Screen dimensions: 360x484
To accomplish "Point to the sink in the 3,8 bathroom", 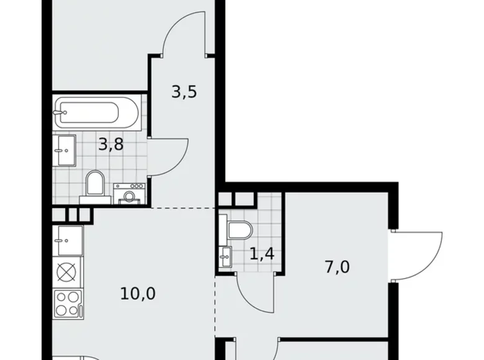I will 65,150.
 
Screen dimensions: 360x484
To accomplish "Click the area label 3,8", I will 110,145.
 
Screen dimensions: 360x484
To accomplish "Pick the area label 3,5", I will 184,92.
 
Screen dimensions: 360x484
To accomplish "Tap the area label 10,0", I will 137,292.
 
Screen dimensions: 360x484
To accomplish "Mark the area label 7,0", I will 337,267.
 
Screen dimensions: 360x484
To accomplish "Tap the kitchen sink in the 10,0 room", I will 67,238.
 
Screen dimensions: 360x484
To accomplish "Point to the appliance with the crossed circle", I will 66,271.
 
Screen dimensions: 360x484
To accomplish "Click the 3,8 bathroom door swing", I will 169,155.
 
